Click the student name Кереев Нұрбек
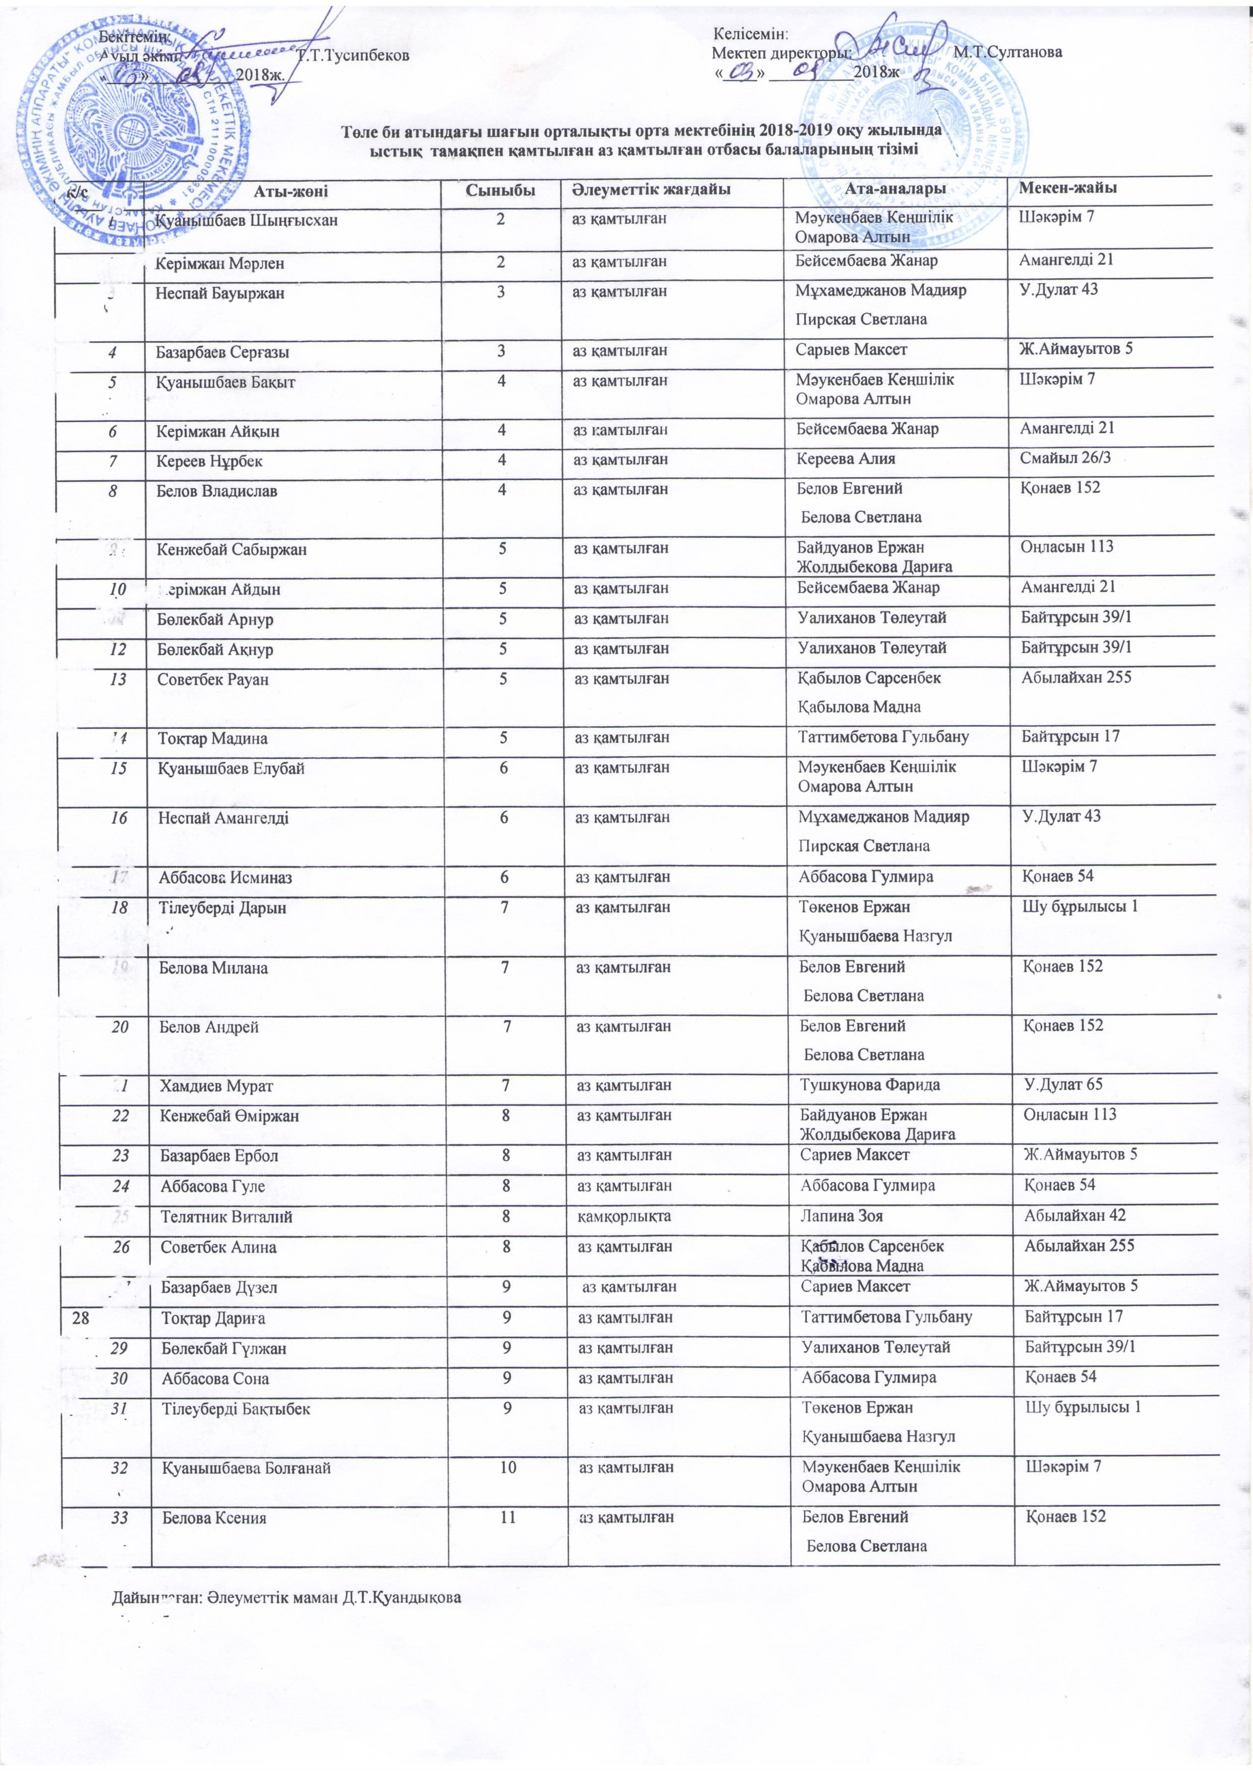[x=209, y=461]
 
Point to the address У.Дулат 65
[x=1063, y=1084]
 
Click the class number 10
[x=508, y=1466]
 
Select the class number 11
[x=508, y=1517]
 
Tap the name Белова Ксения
[x=214, y=1518]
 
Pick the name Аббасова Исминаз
[x=225, y=878]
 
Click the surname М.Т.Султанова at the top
[x=1007, y=53]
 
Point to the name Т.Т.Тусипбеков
[x=353, y=57]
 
